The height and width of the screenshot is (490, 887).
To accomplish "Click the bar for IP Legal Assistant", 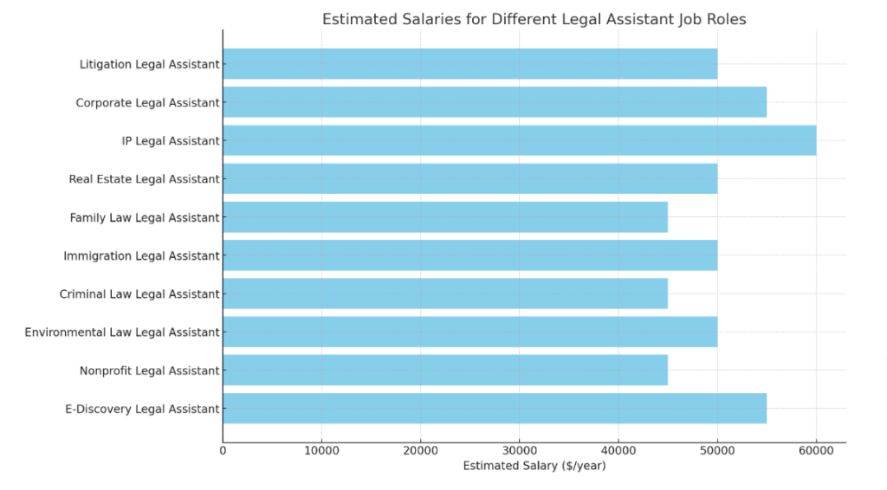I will tap(519, 140).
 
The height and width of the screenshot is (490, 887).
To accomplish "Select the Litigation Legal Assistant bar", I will tap(469, 64).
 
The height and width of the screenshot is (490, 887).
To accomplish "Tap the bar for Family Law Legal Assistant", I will tap(445, 217).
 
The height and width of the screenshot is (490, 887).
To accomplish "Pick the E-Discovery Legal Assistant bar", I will tap(495, 409).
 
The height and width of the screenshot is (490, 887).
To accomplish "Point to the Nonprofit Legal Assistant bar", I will tap(445, 371).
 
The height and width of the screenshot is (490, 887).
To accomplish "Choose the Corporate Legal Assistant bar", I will tap(495, 102).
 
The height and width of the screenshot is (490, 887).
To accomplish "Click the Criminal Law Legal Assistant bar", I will tap(445, 294).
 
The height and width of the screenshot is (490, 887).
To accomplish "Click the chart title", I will tap(534, 19).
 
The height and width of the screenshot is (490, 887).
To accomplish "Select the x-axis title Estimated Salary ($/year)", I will tap(534, 466).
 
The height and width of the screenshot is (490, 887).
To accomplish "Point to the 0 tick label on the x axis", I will tap(223, 450).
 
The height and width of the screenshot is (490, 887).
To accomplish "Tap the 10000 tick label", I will tap(321, 450).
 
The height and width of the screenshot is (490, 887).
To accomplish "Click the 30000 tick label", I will tap(519, 450).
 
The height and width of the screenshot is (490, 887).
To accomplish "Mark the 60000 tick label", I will tap(815, 450).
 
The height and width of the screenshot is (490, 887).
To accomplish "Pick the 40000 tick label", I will tap(618, 450).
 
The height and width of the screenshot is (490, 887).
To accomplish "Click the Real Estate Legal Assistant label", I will tap(144, 179).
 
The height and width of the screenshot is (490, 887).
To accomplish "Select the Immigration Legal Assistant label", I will tap(141, 256).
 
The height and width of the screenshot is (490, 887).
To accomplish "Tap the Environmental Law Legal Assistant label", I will tap(122, 332).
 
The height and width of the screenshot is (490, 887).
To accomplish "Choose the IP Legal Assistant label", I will tap(171, 141).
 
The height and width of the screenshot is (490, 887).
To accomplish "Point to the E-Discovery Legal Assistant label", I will tap(141, 409).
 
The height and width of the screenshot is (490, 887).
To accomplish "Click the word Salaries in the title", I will tap(413, 19).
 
